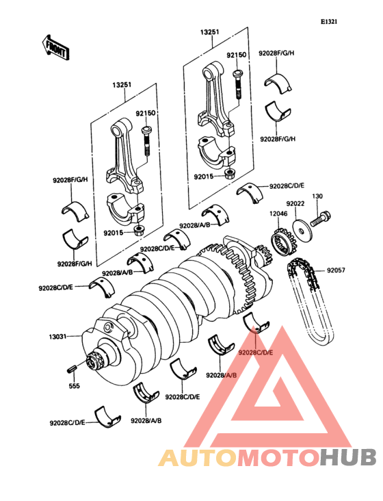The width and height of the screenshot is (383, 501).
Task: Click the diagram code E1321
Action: click(x=329, y=22)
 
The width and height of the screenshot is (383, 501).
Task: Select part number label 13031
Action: click(x=57, y=337)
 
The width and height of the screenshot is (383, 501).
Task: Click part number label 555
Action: click(x=75, y=385)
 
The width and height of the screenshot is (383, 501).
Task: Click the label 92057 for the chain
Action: click(x=336, y=271)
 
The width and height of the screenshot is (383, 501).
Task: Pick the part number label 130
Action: click(x=317, y=196)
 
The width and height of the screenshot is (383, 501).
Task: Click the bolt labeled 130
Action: click(x=320, y=219)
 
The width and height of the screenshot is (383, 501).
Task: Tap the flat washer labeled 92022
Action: click(x=301, y=229)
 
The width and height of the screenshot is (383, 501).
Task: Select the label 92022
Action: click(x=295, y=203)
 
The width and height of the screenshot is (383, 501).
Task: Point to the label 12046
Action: click(x=278, y=213)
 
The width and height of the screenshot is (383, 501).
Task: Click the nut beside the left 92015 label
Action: click(x=139, y=231)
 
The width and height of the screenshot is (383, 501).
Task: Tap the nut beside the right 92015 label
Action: click(x=230, y=174)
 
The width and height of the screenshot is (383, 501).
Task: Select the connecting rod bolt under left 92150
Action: click(x=146, y=141)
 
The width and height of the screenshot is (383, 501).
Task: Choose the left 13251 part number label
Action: click(x=122, y=86)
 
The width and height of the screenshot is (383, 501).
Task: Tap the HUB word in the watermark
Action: click(x=349, y=457)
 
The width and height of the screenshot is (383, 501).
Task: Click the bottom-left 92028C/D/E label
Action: click(x=67, y=423)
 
